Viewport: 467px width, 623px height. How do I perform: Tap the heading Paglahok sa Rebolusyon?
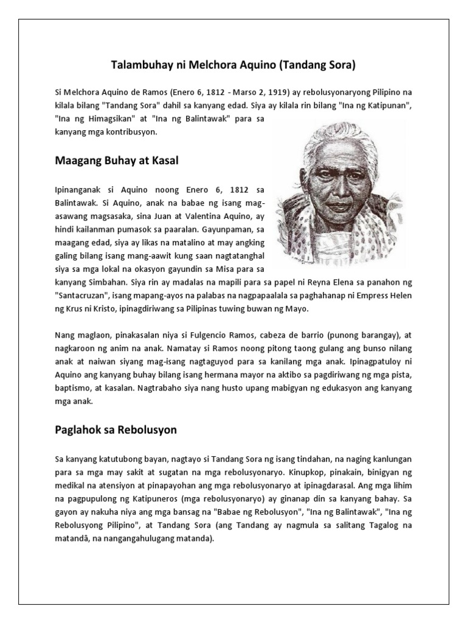(116, 430)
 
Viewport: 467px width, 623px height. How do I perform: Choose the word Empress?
(376, 296)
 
